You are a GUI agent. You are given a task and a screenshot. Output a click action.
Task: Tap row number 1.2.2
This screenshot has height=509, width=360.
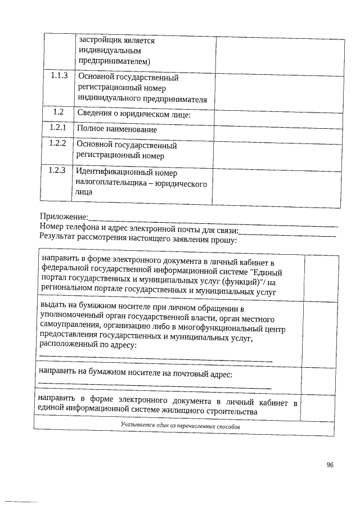57,143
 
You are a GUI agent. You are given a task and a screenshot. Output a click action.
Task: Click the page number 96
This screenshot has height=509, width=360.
330,465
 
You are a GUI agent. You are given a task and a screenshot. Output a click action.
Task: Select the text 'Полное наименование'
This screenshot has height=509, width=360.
117,129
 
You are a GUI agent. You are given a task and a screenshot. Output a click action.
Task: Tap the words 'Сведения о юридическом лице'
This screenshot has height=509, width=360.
134,114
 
